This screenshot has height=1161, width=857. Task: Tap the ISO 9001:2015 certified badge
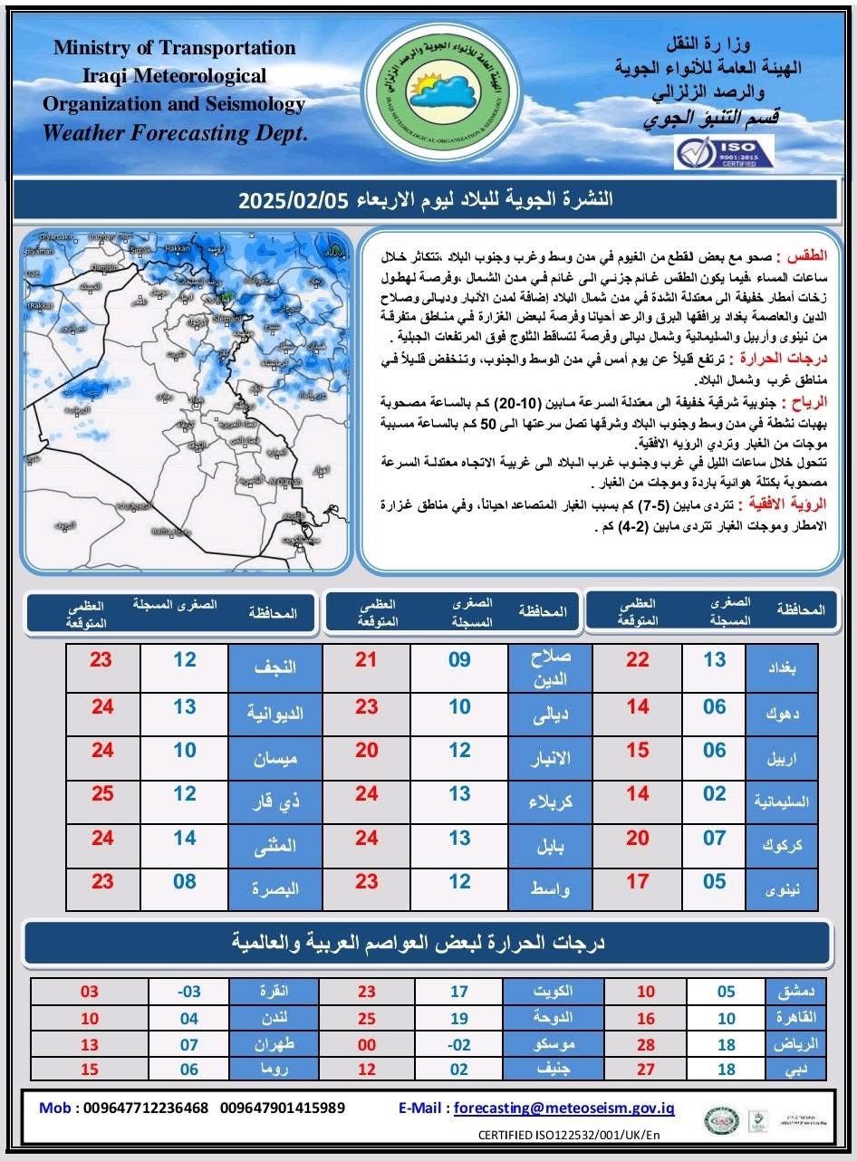(724, 151)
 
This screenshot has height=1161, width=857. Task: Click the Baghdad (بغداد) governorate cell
(780, 667)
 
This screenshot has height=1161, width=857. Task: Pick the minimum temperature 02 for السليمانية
(715, 794)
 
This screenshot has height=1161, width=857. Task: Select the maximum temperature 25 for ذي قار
(102, 794)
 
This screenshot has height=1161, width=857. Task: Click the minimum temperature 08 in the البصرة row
(185, 881)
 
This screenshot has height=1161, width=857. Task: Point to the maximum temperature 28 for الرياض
(645, 1044)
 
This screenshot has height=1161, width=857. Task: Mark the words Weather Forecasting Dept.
(175, 133)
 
